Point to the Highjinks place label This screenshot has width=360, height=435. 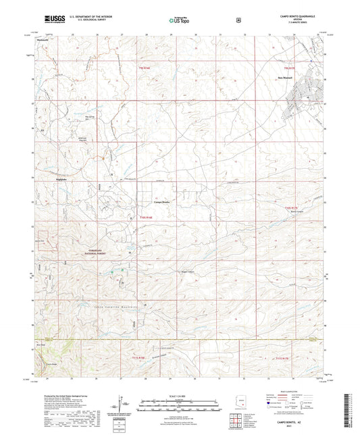click(61, 180)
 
